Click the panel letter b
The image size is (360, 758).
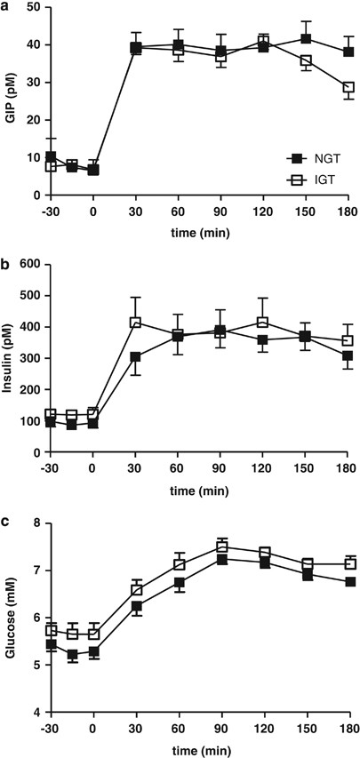5,263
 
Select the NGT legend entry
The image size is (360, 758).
319,159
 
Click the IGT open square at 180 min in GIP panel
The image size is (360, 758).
348,87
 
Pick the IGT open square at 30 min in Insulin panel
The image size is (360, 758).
136,323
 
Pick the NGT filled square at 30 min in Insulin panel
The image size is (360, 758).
136,357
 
